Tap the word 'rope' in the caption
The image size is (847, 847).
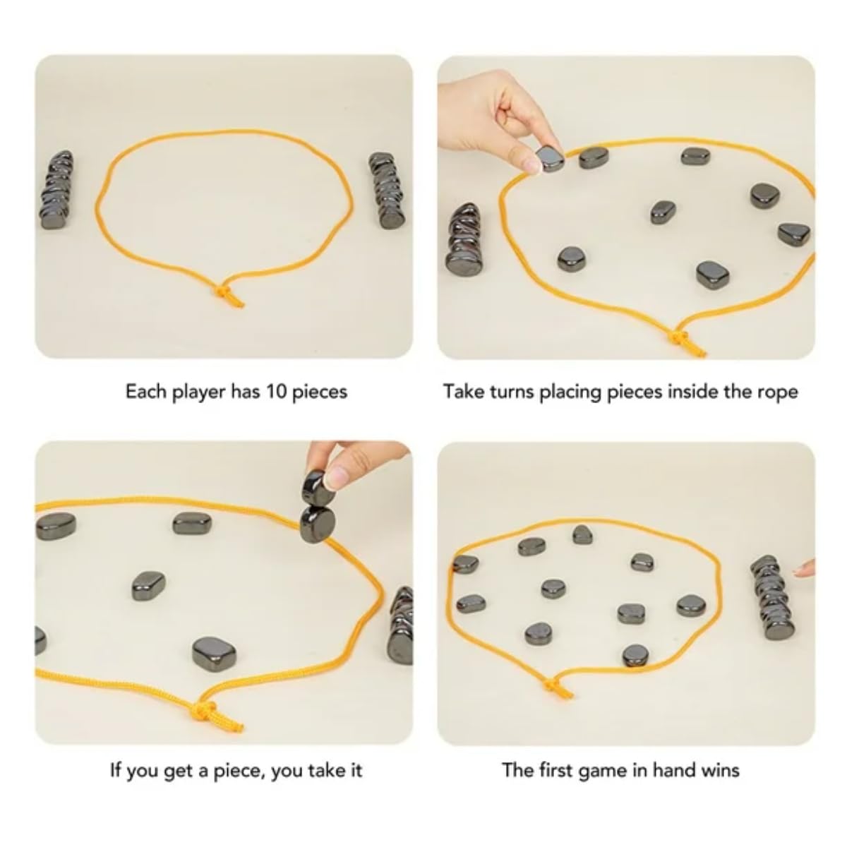click(x=779, y=392)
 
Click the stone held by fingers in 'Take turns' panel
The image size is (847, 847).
click(x=549, y=159)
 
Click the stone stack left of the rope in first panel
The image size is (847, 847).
click(x=57, y=190)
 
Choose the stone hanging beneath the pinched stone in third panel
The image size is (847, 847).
click(x=318, y=524)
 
